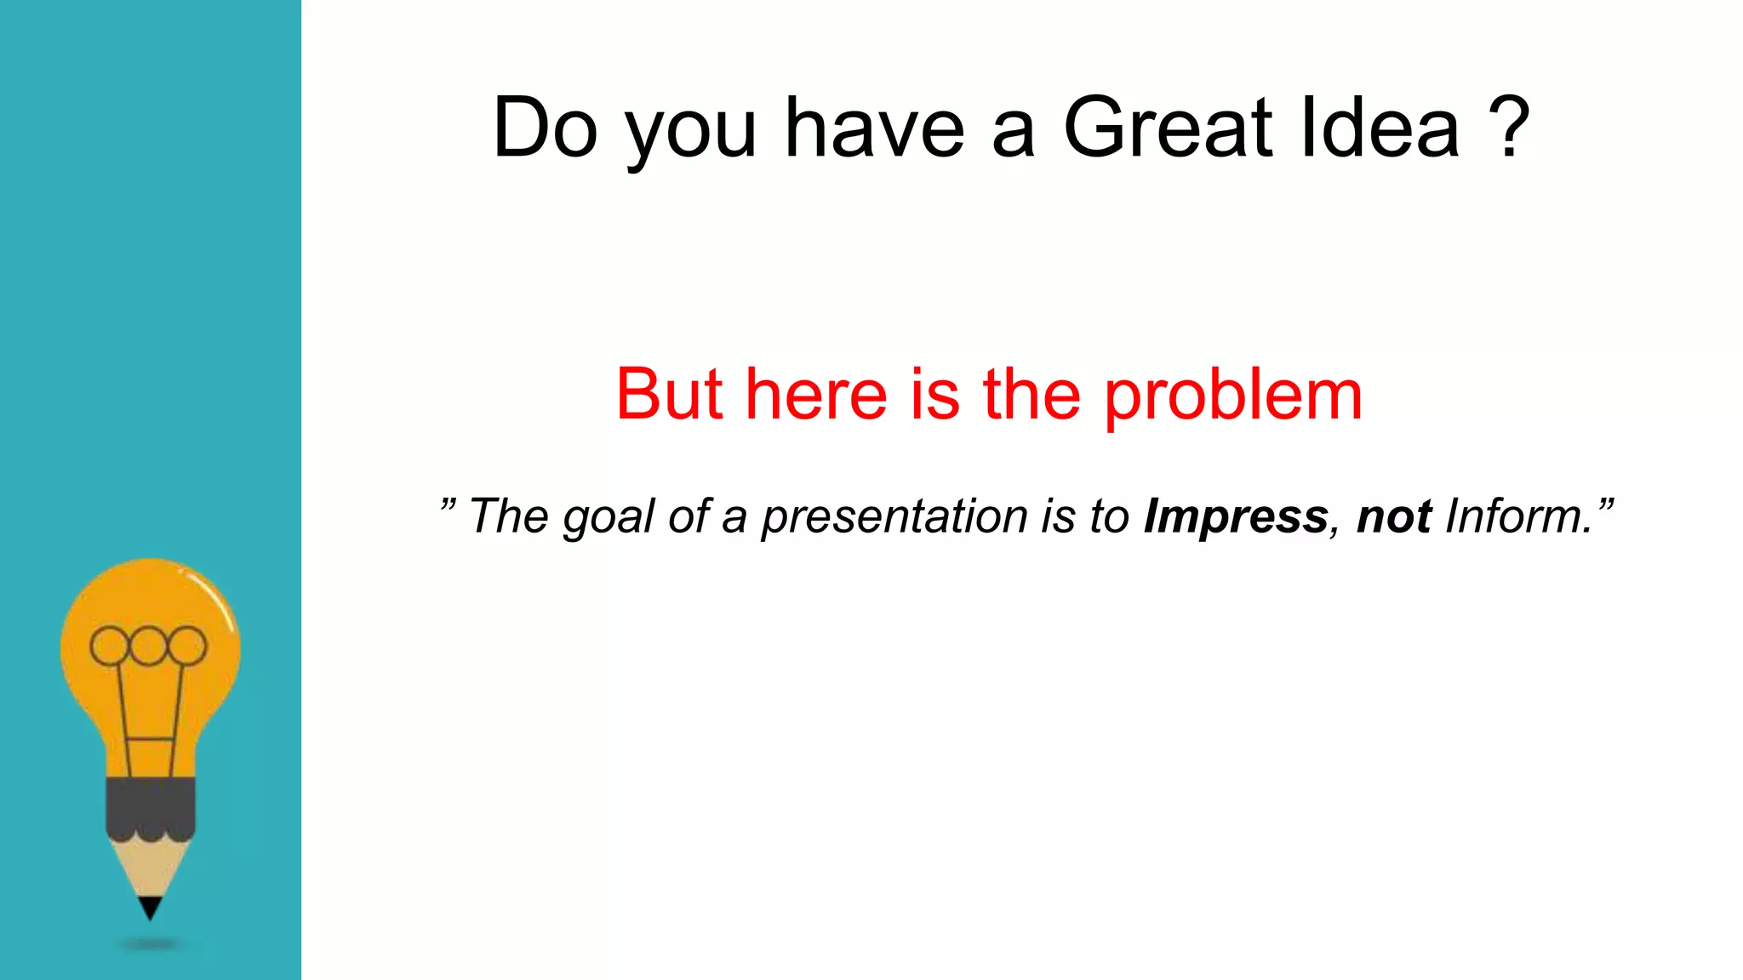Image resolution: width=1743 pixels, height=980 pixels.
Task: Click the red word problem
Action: pyautogui.click(x=1233, y=396)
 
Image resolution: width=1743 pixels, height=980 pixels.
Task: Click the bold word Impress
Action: pyautogui.click(x=1236, y=517)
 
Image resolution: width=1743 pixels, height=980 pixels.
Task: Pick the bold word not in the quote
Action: pyautogui.click(x=1394, y=517)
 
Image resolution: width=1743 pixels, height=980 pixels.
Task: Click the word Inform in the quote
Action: pyautogui.click(x=1517, y=516)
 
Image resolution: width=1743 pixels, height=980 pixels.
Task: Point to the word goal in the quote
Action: pyautogui.click(x=609, y=517)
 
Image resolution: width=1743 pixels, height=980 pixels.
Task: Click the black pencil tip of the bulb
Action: pyautogui.click(x=150, y=907)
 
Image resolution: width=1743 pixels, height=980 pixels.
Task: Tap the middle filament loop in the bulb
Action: pyautogui.click(x=148, y=646)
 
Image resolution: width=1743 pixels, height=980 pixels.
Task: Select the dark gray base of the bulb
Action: pyautogui.click(x=151, y=805)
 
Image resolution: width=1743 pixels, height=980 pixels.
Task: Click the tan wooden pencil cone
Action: pyautogui.click(x=150, y=868)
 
